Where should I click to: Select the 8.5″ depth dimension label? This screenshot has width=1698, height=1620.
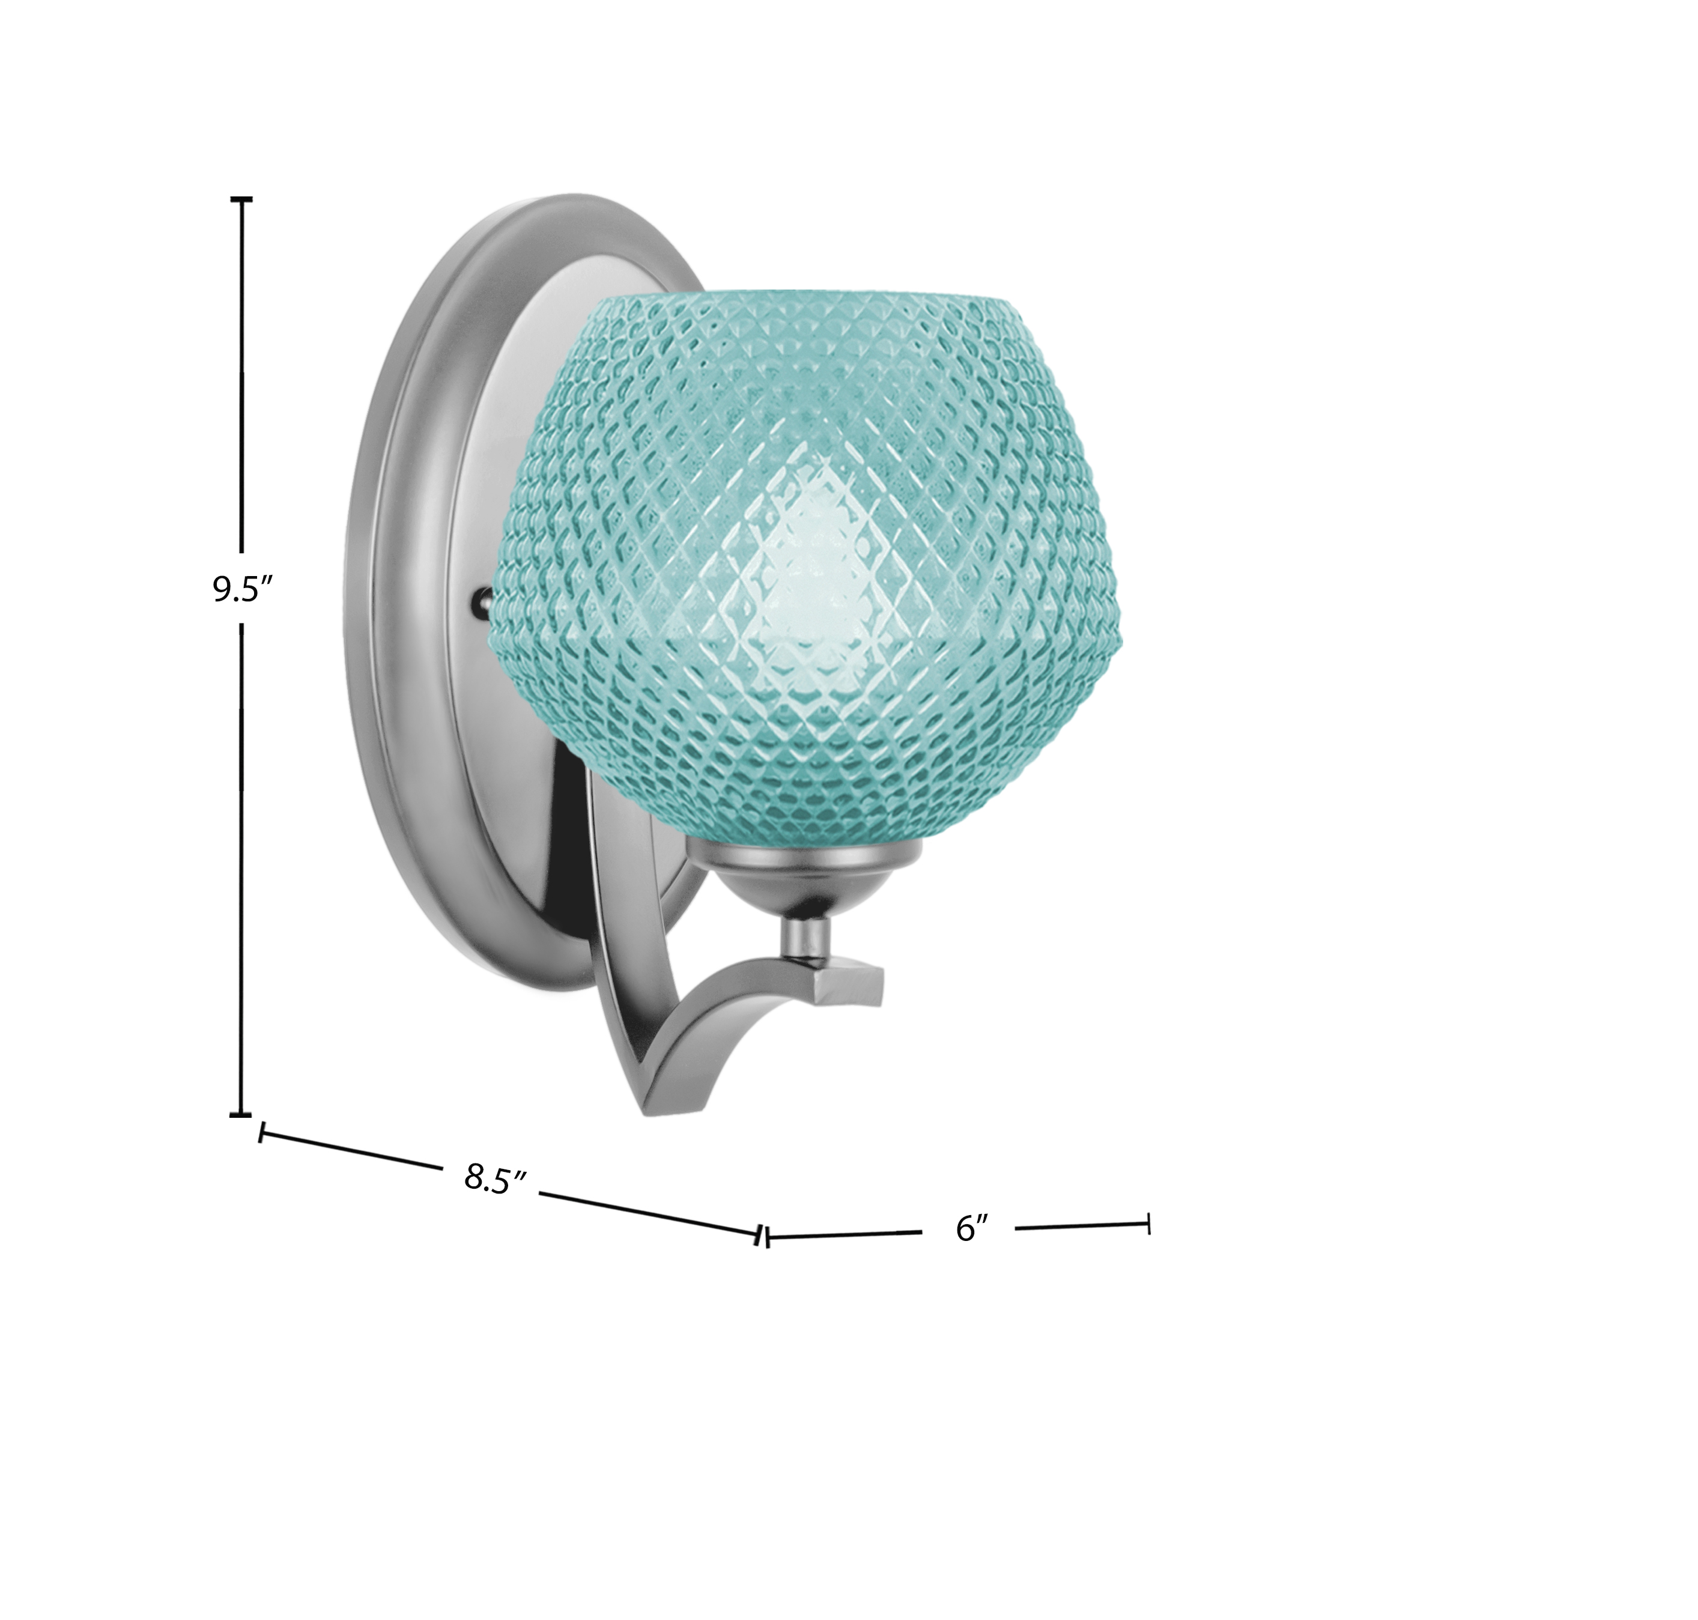tap(496, 1179)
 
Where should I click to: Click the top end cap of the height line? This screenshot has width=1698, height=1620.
tap(241, 199)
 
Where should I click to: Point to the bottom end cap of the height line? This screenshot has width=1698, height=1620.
tap(241, 1114)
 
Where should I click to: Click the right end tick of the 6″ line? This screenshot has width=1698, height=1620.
tap(1148, 1223)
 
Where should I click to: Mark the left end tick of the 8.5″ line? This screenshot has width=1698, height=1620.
tap(260, 1132)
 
